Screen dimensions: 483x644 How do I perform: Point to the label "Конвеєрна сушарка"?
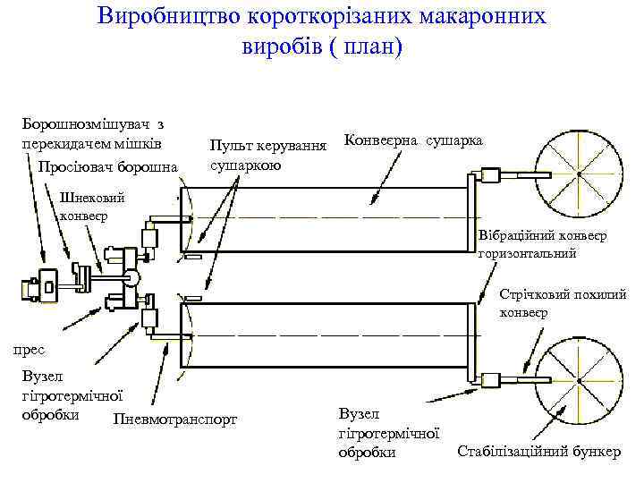[x=413, y=141]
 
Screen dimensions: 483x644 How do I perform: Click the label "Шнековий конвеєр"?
[x=91, y=207]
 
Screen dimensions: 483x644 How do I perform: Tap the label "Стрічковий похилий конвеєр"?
[x=563, y=302]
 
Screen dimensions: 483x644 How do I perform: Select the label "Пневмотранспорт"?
[x=177, y=419]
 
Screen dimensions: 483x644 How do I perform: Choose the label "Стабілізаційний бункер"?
[x=538, y=450]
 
